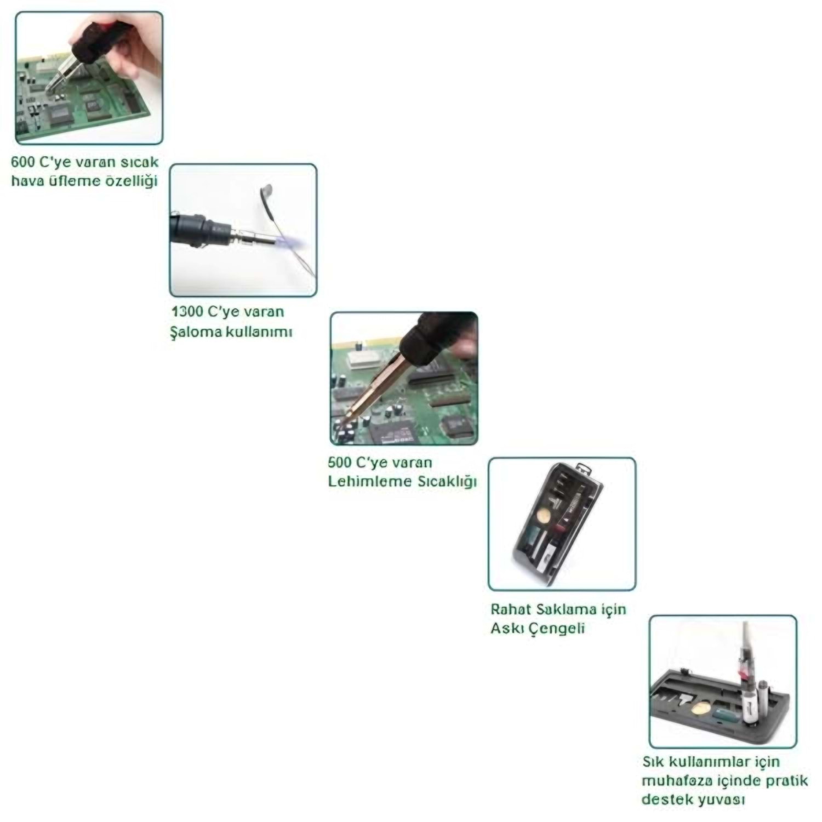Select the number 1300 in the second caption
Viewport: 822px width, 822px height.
(x=187, y=312)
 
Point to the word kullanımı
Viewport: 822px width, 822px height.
(x=259, y=332)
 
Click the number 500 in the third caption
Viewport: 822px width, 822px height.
(x=340, y=462)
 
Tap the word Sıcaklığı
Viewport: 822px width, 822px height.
(x=447, y=482)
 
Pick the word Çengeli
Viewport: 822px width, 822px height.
(x=558, y=629)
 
